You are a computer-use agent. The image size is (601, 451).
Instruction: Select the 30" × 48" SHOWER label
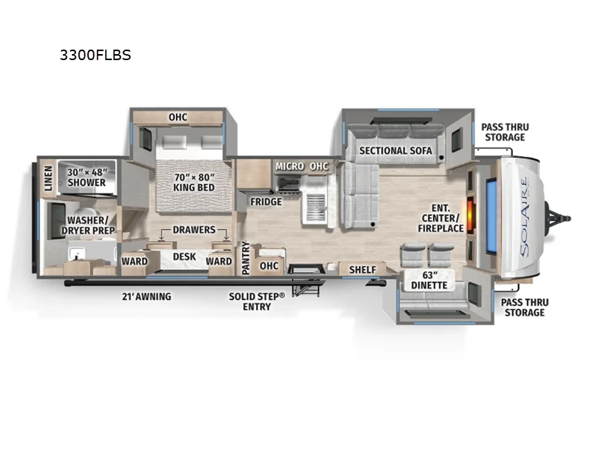pyautogui.click(x=86, y=177)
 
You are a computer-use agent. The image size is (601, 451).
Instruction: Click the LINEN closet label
pyautogui.click(x=47, y=177)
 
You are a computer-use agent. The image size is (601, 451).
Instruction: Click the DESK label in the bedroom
pyautogui.click(x=184, y=257)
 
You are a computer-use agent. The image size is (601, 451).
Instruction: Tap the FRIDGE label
pyautogui.click(x=266, y=201)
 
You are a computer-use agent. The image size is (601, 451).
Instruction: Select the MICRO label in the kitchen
pyautogui.click(x=289, y=165)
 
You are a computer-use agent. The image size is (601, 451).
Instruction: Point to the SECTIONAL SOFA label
pyautogui.click(x=395, y=150)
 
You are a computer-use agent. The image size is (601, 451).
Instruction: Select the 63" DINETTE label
pyautogui.click(x=429, y=280)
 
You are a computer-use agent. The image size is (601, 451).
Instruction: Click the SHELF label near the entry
pyautogui.click(x=362, y=269)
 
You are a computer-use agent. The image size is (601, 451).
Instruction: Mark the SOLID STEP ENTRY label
pyautogui.click(x=257, y=301)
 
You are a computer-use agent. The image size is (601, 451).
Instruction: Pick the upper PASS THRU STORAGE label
pyautogui.click(x=504, y=132)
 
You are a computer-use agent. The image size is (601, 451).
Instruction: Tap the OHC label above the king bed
pyautogui.click(x=177, y=117)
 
